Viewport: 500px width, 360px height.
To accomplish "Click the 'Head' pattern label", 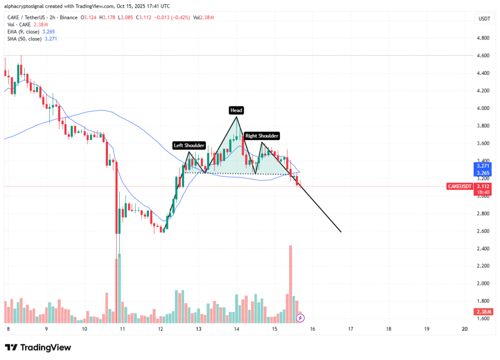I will coord(237,110).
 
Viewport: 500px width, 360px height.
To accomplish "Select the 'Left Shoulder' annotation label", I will coord(189,145).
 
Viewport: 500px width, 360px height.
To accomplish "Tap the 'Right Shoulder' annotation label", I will coord(262,136).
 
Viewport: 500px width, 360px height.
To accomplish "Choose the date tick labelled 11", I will coord(122,329).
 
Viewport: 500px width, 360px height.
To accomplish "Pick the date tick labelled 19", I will coord(426,329).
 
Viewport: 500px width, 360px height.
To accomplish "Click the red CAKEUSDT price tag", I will coord(460,186).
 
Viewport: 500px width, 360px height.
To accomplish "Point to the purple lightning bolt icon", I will coord(301,318).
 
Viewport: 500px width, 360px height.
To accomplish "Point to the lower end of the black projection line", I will coord(340,232).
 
